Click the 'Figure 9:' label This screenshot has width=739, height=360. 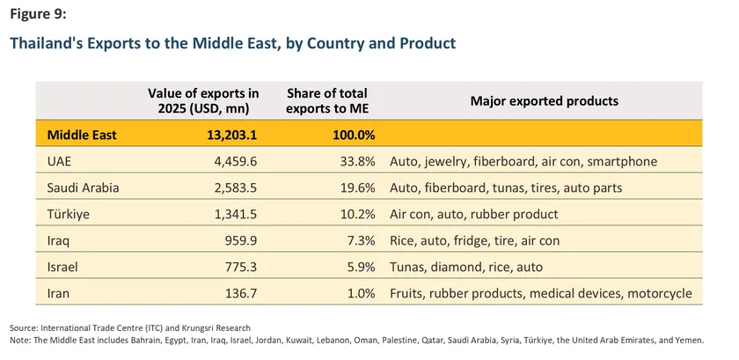tap(38, 15)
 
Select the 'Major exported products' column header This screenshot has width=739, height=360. tap(544, 100)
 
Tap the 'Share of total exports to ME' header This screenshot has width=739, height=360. tap(327, 100)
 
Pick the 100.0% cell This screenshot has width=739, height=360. tap(353, 135)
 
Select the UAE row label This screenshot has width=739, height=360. tap(60, 161)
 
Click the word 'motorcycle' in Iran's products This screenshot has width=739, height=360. tap(661, 293)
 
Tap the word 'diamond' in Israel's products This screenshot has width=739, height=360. tap(462, 267)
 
